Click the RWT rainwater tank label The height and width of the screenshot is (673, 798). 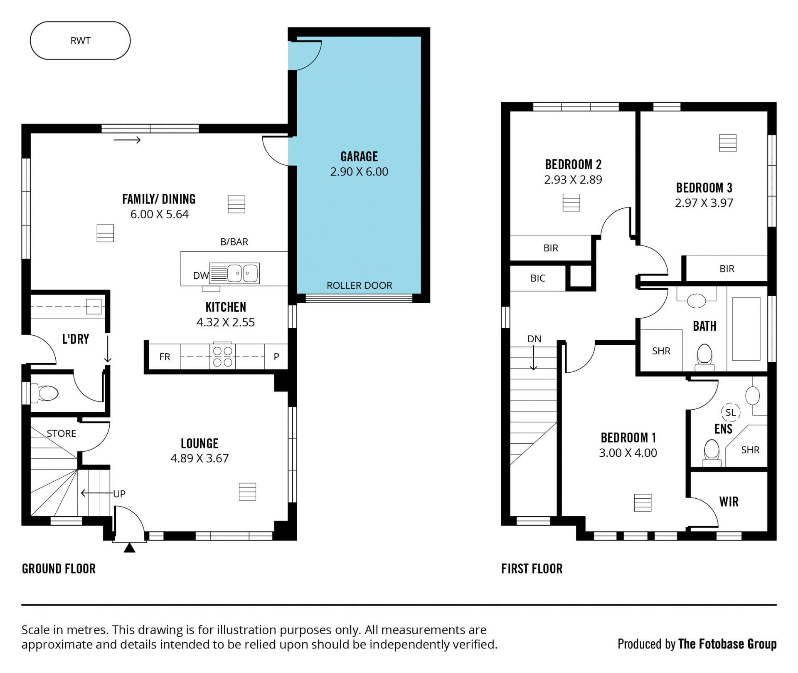click(x=80, y=41)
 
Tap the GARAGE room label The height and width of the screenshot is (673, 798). click(x=359, y=156)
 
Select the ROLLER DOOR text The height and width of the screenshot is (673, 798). click(x=359, y=285)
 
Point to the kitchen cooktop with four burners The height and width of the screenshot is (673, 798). click(x=223, y=356)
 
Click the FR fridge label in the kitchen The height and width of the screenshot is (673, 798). click(x=165, y=357)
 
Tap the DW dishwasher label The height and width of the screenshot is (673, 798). click(x=201, y=275)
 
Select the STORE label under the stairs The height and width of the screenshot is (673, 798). click(x=62, y=433)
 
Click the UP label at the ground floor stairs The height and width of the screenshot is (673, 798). click(x=119, y=494)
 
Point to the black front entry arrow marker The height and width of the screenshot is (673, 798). click(x=130, y=548)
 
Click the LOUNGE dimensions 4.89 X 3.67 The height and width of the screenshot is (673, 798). click(x=199, y=458)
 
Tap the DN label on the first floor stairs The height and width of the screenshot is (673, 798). click(x=534, y=339)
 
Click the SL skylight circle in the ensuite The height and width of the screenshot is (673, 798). click(x=731, y=412)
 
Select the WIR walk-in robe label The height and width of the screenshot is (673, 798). click(x=729, y=502)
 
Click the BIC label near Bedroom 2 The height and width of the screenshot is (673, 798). click(x=538, y=278)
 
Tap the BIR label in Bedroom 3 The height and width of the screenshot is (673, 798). click(x=727, y=269)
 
